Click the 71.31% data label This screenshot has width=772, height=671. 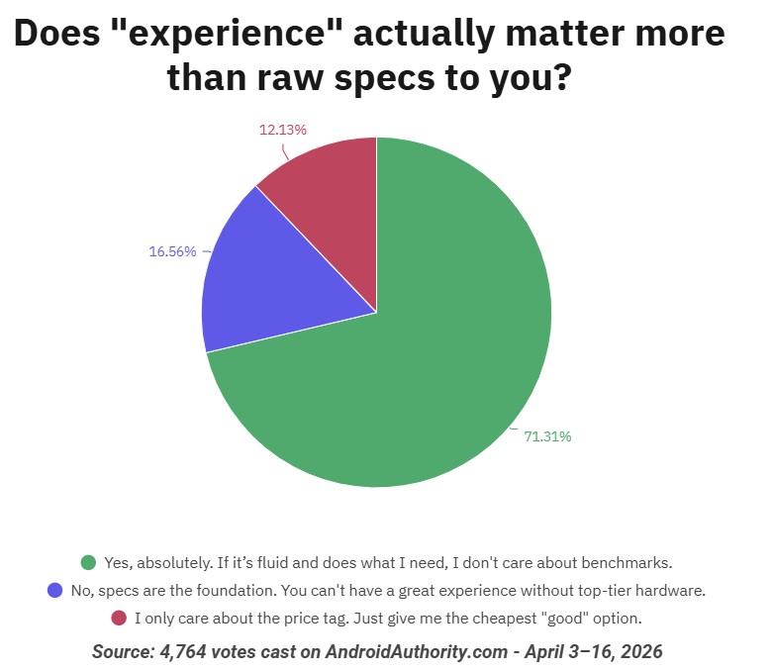(x=547, y=436)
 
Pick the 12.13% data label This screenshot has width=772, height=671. (x=283, y=129)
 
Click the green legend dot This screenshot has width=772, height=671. (x=88, y=562)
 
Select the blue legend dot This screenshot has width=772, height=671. (x=55, y=591)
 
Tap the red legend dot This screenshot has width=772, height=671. (x=118, y=619)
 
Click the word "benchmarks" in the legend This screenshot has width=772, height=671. (x=624, y=562)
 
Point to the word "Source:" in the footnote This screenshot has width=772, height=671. (x=123, y=651)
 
